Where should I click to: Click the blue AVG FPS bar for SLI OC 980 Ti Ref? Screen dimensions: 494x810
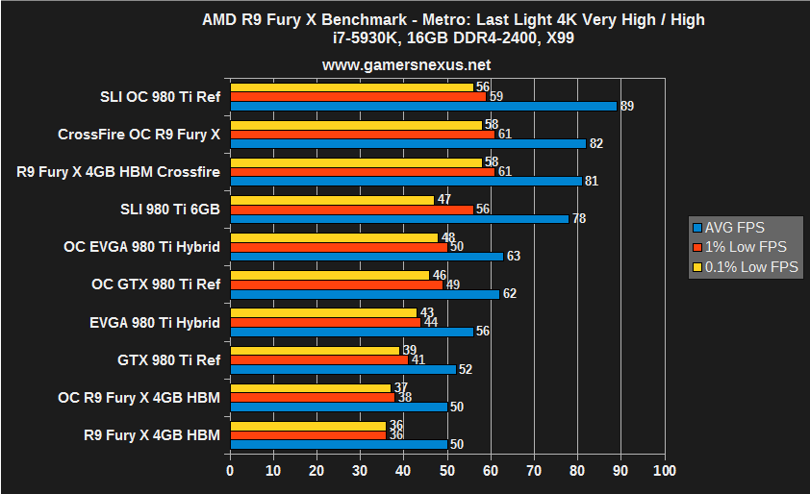point(423,106)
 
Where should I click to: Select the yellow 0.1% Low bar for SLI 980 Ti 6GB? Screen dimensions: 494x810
point(333,200)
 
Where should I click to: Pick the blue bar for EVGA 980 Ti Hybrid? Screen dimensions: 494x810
point(352,332)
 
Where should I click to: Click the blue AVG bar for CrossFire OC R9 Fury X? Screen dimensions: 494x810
point(408,143)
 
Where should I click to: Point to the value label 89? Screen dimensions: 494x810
point(626,107)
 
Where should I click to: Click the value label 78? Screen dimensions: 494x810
point(579,219)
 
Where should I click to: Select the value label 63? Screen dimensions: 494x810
point(514,257)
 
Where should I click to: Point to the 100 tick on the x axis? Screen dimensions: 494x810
point(664,471)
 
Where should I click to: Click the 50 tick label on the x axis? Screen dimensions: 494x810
point(447,471)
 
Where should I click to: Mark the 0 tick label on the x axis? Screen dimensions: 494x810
point(230,471)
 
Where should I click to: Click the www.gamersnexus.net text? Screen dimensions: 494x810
point(406,66)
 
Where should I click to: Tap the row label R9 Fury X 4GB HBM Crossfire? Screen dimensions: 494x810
point(118,172)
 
